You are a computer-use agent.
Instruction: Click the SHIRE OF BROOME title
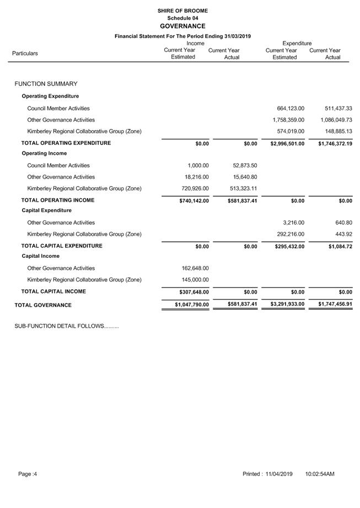(x=182, y=10)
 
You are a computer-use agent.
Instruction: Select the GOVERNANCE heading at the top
(x=182, y=26)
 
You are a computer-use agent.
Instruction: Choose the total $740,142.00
(x=191, y=201)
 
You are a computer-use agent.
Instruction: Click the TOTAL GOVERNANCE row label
(x=43, y=305)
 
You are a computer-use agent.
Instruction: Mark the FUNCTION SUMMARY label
(x=46, y=84)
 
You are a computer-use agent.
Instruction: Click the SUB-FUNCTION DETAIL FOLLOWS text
(x=67, y=326)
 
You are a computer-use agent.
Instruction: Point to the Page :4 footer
(x=28, y=474)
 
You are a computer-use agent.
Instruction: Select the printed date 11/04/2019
(x=279, y=474)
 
